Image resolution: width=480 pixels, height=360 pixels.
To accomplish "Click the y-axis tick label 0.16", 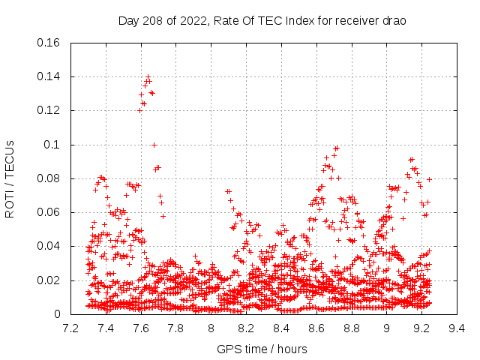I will [49, 43].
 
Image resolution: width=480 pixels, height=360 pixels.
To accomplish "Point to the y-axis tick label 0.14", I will [49, 76].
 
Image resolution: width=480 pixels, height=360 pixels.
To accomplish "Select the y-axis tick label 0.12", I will [49, 110].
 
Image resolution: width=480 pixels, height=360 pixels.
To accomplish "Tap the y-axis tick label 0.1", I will [54, 145].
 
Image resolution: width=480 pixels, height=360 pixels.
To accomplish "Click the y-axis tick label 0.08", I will [49, 178].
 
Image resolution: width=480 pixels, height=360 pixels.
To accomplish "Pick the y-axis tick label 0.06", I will [49, 212].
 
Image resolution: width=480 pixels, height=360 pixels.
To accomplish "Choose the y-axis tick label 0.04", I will [49, 247].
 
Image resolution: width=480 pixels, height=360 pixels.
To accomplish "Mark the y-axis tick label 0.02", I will [49, 280].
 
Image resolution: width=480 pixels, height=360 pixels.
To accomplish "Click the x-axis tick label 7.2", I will [70, 328].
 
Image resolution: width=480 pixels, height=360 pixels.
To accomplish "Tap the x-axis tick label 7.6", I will [141, 328].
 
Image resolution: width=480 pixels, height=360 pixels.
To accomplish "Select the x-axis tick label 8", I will [211, 328].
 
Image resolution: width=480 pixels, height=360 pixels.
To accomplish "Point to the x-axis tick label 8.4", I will [281, 328].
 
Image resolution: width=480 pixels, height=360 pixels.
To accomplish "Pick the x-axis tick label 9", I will [387, 328].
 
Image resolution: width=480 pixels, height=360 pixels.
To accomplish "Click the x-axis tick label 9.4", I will [457, 328].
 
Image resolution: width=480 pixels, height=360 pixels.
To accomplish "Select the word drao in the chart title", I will [394, 20].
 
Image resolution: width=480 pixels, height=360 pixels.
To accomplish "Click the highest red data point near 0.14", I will [148, 76].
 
